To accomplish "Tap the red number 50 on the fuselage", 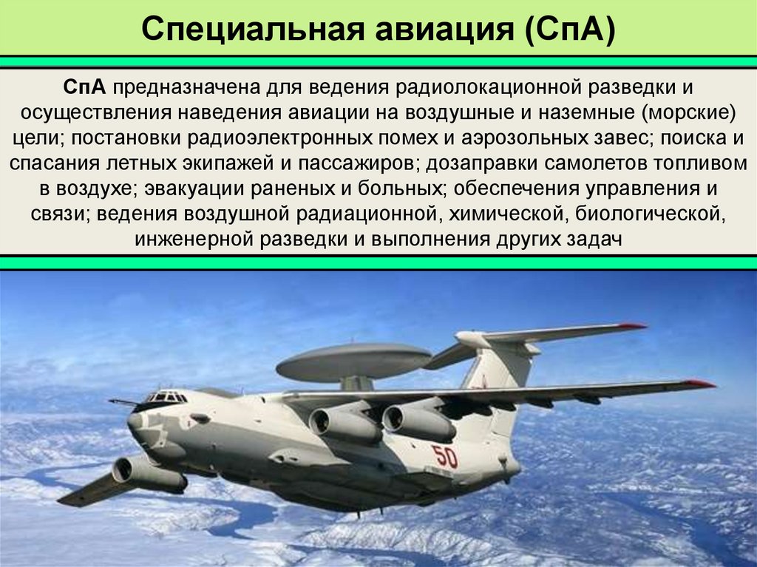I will [444, 456].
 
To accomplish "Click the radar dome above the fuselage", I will [353, 361].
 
